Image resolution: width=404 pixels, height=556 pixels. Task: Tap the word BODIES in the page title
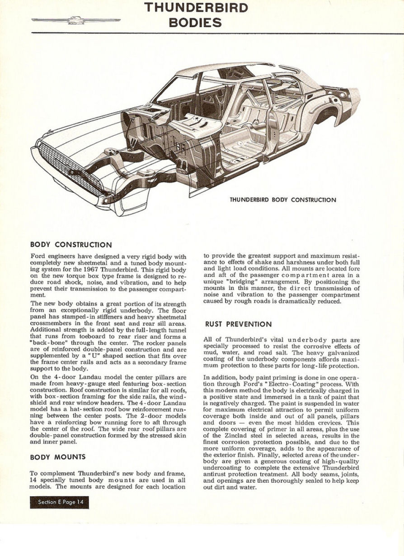pyautogui.click(x=195, y=23)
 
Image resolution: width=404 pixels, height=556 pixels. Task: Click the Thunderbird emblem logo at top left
pyautogui.click(x=75, y=20)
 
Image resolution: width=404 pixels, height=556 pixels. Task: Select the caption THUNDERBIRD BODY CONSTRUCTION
pyautogui.click(x=283, y=200)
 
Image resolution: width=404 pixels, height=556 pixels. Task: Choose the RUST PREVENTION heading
pyautogui.click(x=238, y=324)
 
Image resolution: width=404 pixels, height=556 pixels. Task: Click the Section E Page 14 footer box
pyautogui.click(x=59, y=502)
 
